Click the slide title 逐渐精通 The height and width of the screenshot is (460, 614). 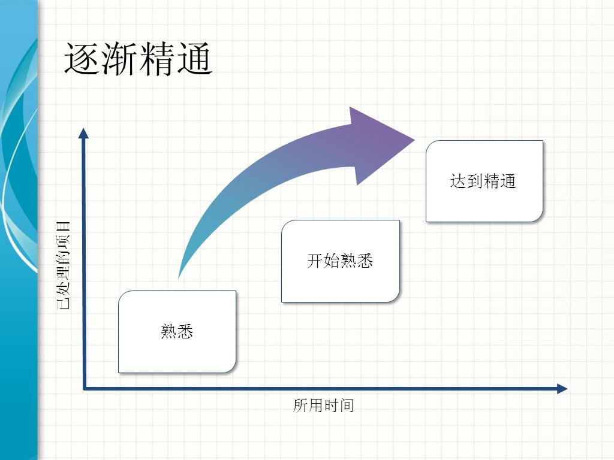click(139, 59)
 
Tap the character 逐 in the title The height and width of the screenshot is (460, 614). click(83, 59)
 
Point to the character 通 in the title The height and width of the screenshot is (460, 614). click(195, 59)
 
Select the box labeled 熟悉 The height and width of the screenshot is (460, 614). click(177, 332)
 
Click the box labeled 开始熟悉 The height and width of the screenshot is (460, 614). click(341, 261)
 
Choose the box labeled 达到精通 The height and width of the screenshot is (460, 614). click(484, 181)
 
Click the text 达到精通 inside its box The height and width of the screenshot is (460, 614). click(483, 181)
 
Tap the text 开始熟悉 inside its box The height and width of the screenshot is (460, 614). click(340, 261)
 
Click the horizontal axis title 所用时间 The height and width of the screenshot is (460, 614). click(323, 405)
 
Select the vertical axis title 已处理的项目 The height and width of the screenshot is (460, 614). click(64, 265)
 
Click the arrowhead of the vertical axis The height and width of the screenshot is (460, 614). click(83, 133)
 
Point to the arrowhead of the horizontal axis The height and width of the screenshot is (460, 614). click(562, 388)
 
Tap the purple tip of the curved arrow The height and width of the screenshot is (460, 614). click(414, 140)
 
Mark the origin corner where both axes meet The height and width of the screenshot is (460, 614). click(84, 388)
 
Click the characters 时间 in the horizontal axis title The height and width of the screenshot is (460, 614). click(339, 405)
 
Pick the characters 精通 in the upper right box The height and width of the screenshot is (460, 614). click(500, 181)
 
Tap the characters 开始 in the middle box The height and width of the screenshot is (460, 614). click(323, 261)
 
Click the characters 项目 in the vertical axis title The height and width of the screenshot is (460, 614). click(64, 235)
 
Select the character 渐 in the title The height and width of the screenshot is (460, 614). click(120, 59)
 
